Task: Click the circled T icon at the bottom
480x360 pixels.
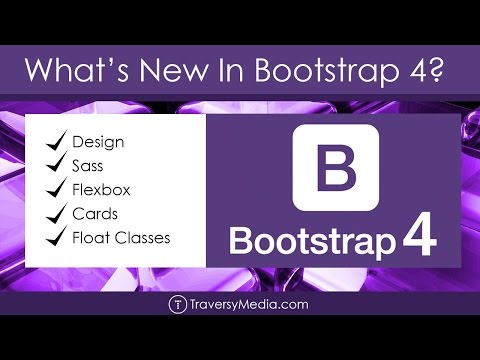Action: pyautogui.click(x=177, y=304)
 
